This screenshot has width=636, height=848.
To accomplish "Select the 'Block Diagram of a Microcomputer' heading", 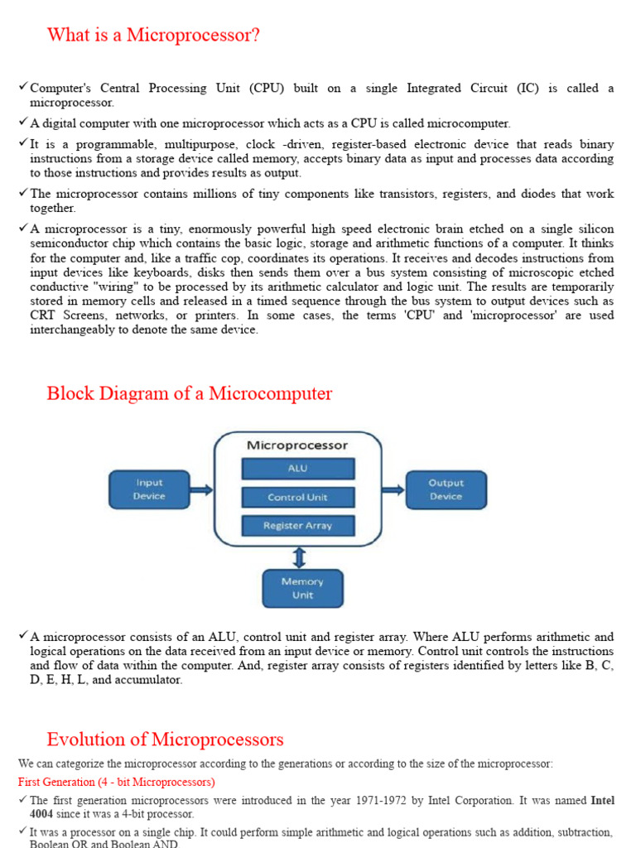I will click(x=190, y=393).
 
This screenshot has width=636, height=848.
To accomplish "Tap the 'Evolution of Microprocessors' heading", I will click(x=165, y=740).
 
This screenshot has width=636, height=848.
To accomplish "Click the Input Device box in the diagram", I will click(x=149, y=489).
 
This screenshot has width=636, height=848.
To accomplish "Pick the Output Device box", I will click(x=446, y=489).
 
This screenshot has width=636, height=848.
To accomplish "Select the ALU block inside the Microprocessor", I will click(x=297, y=469).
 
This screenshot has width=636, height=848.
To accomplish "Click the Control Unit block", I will click(x=297, y=498).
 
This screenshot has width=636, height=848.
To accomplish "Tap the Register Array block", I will click(x=297, y=526).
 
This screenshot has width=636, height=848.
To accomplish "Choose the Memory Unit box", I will click(x=302, y=588).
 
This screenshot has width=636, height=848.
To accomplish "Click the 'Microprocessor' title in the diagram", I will click(x=297, y=446).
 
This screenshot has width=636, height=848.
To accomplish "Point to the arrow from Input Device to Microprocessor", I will click(x=202, y=489).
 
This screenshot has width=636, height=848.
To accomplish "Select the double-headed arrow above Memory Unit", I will click(x=299, y=556).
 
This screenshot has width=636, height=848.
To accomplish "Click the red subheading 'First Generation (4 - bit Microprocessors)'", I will click(x=116, y=782).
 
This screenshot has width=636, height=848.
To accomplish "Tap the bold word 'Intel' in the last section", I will click(x=602, y=801).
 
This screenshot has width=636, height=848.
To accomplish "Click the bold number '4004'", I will click(x=43, y=814).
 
